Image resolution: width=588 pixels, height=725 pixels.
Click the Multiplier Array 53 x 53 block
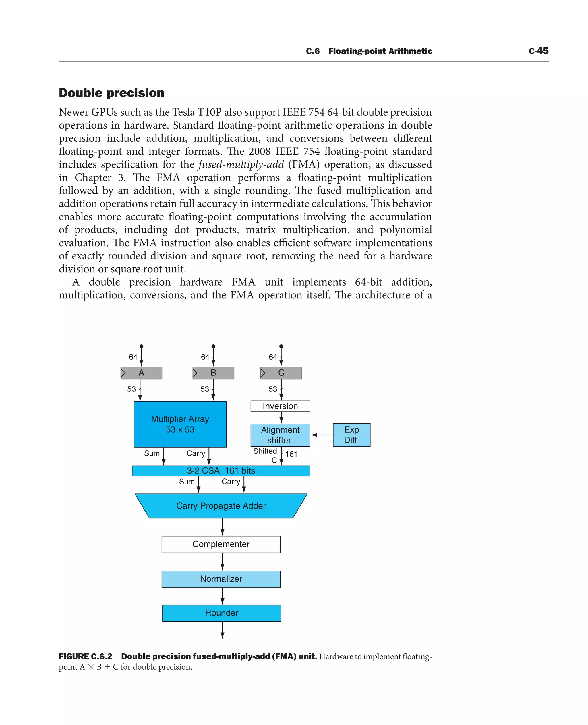pos(180,424)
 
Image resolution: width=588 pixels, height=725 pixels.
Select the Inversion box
pos(280,406)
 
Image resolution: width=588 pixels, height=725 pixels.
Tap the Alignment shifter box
pos(280,435)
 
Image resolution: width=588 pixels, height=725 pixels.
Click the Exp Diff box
pos(351,435)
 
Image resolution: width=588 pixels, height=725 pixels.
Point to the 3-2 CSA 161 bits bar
pos(221,471)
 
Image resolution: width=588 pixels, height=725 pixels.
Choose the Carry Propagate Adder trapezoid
pos(221,505)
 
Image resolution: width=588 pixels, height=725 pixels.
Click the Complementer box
pos(221,544)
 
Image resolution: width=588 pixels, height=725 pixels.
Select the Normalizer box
pos(221,579)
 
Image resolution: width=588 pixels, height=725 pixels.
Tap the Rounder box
pos(222,613)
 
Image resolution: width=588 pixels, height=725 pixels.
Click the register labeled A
pos(141,373)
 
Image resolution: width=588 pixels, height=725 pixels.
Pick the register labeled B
pos(213,373)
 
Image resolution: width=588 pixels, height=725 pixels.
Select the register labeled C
pos(281,373)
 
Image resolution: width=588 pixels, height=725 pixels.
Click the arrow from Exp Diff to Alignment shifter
pos(322,435)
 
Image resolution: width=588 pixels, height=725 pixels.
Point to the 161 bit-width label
pos(291,454)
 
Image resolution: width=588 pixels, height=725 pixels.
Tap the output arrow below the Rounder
pos(222,631)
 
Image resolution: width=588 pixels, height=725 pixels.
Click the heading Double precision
pos(111,93)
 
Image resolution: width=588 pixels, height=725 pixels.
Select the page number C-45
pos(539,51)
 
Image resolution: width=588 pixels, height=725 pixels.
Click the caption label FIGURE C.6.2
pos(85,656)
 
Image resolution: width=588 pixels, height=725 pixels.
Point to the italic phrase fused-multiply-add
pos(241,164)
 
